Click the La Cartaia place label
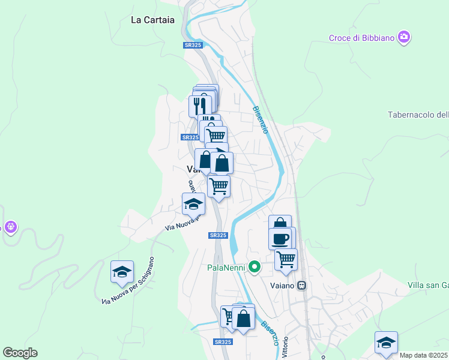click(x=152, y=20)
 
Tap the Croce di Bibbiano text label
click(x=361, y=38)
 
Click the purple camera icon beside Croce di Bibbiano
click(x=404, y=37)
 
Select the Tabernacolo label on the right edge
click(x=418, y=115)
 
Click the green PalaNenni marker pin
click(x=255, y=267)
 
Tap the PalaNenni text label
click(x=227, y=268)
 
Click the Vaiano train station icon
click(x=303, y=285)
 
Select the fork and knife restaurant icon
click(x=200, y=106)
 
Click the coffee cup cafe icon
click(x=280, y=238)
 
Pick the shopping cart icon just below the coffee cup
click(x=286, y=259)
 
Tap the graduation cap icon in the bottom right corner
click(x=386, y=342)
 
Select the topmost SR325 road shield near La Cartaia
click(x=192, y=46)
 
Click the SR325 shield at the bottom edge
click(x=222, y=342)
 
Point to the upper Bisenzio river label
click(x=259, y=119)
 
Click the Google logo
click(x=20, y=353)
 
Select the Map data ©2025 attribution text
click(x=424, y=355)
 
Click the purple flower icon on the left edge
click(x=10, y=227)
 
